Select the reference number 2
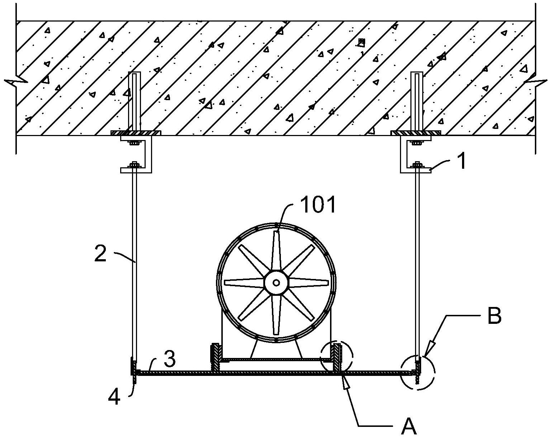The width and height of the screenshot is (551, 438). point(100,253)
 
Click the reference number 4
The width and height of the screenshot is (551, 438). point(114,397)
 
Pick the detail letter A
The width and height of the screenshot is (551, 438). point(409,426)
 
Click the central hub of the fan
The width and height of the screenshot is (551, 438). point(276,283)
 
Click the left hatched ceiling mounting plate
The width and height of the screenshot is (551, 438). point(136,133)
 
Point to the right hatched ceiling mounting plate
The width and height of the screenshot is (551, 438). point(415,133)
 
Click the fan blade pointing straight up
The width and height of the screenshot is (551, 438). point(276,251)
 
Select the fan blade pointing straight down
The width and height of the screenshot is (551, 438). point(276,314)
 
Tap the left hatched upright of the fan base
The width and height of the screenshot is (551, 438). point(215,358)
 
